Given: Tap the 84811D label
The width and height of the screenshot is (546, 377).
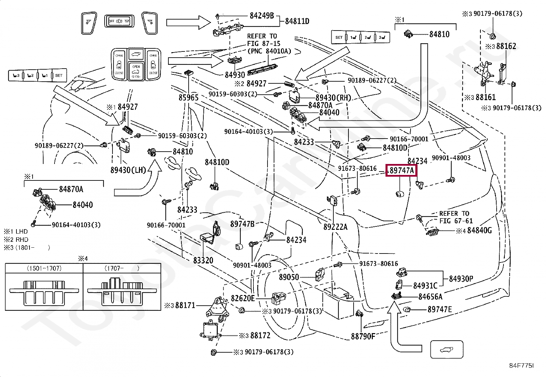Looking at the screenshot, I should pyautogui.click(x=297, y=21).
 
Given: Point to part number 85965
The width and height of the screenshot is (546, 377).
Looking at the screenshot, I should pyautogui.click(x=188, y=98).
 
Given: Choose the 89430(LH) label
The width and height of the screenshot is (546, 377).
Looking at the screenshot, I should pyautogui.click(x=128, y=170).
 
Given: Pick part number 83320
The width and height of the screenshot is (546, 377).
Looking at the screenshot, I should pyautogui.click(x=203, y=260).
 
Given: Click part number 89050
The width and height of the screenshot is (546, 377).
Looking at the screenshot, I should pyautogui.click(x=289, y=277).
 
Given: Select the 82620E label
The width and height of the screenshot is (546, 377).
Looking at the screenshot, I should pyautogui.click(x=243, y=298).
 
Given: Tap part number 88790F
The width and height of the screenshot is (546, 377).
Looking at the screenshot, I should pyautogui.click(x=363, y=336).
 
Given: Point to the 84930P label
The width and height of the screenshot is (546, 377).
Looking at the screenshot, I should pyautogui.click(x=461, y=279).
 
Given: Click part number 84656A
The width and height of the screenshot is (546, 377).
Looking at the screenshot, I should pyautogui.click(x=430, y=297).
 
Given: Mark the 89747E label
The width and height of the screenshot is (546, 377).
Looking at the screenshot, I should pyautogui.click(x=439, y=309).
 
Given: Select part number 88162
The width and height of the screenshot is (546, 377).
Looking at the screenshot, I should pyautogui.click(x=506, y=46).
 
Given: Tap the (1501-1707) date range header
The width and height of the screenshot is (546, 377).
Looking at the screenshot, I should pyautogui.click(x=44, y=268).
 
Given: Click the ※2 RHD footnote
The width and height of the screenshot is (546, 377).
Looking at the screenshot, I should pyautogui.click(x=16, y=239).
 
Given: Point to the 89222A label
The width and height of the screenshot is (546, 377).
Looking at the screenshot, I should pyautogui.click(x=335, y=226).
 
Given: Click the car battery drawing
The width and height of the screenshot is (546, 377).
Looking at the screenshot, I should pyautogui.click(x=338, y=303).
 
